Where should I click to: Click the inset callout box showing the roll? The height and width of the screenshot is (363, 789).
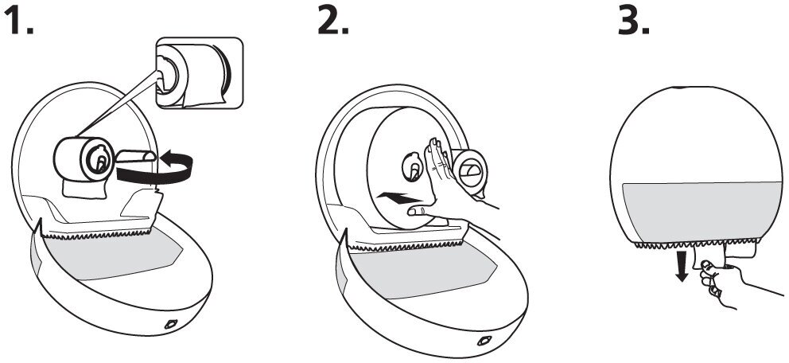click(x=198, y=72)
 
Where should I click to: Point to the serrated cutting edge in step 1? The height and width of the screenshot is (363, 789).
click(x=95, y=232)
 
